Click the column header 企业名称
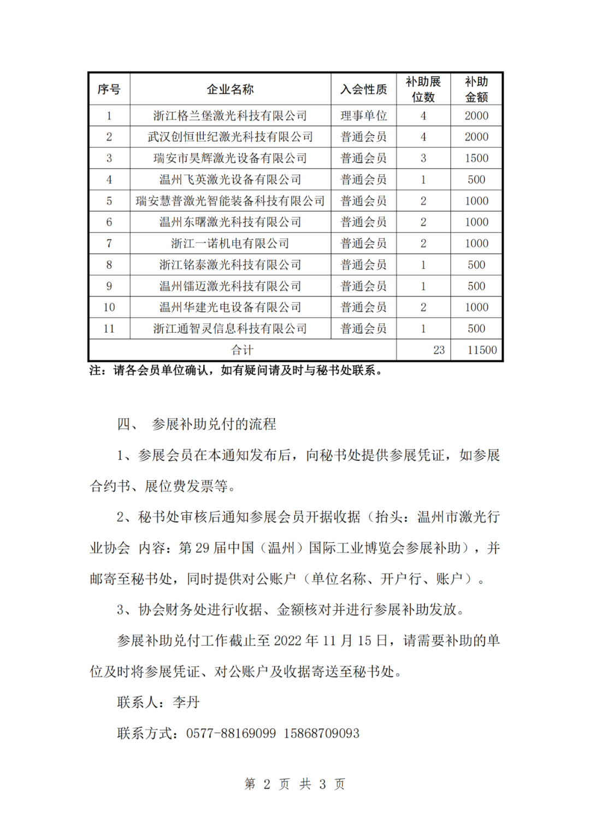(230, 89)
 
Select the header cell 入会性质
(363, 89)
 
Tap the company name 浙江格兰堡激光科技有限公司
(230, 116)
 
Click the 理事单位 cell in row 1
(363, 116)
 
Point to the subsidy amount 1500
(476, 158)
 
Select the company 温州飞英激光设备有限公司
(230, 180)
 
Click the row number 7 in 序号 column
(109, 244)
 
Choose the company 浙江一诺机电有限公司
(230, 244)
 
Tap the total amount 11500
(482, 350)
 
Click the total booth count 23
(439, 350)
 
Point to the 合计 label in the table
(242, 350)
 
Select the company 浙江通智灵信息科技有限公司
(230, 329)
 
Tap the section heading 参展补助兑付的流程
(214, 424)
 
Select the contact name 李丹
(186, 702)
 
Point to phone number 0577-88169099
(231, 734)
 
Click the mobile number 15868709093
(321, 734)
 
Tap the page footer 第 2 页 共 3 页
(294, 784)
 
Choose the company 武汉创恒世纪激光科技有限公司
(230, 137)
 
